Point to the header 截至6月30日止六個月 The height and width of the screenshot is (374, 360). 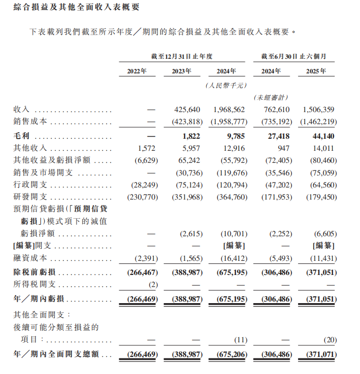click(294, 56)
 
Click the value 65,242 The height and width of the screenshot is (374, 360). click(189, 160)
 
